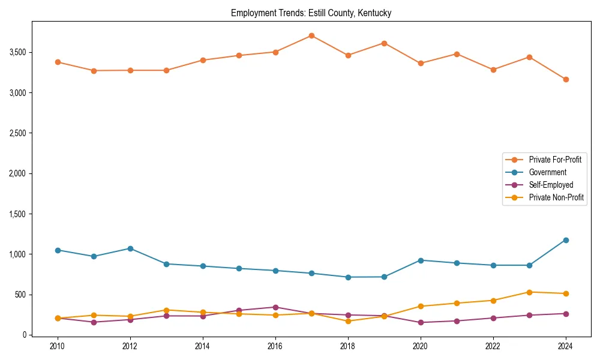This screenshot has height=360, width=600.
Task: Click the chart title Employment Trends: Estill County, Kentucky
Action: [311, 13]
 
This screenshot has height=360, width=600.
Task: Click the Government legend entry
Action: [547, 172]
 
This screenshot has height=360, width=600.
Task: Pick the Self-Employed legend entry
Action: [551, 185]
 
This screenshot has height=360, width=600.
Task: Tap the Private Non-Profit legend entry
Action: [556, 197]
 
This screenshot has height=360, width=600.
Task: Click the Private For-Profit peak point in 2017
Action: [311, 35]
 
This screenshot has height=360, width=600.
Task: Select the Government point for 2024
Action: [566, 240]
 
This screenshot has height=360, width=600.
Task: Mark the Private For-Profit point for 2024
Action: [566, 79]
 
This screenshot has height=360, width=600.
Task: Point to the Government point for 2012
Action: [130, 248]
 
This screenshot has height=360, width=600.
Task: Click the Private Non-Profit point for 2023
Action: [529, 292]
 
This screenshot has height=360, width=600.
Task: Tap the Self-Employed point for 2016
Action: [275, 307]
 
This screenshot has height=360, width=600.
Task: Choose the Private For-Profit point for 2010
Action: [58, 62]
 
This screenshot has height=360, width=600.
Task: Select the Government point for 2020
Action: [421, 260]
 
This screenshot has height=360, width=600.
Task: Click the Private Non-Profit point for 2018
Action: [348, 321]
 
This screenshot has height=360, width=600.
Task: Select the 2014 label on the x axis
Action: [203, 347]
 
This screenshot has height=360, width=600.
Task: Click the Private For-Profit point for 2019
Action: [384, 43]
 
